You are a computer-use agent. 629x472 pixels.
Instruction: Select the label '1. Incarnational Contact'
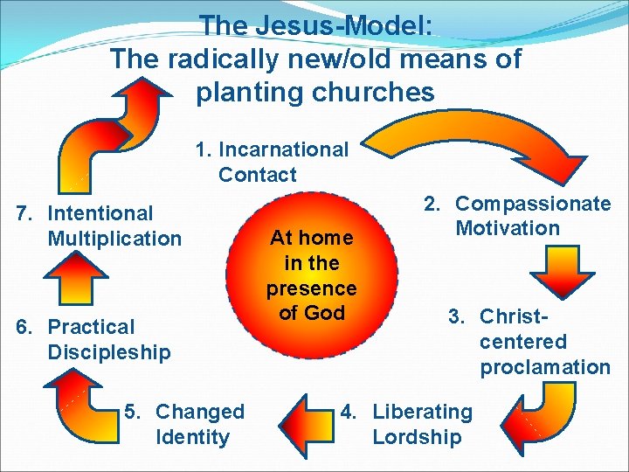[271, 162]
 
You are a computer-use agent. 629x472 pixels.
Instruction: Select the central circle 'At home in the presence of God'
[312, 274]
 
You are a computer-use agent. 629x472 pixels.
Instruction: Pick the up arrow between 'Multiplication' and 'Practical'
[75, 279]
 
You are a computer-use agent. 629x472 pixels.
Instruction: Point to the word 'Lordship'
[418, 436]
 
